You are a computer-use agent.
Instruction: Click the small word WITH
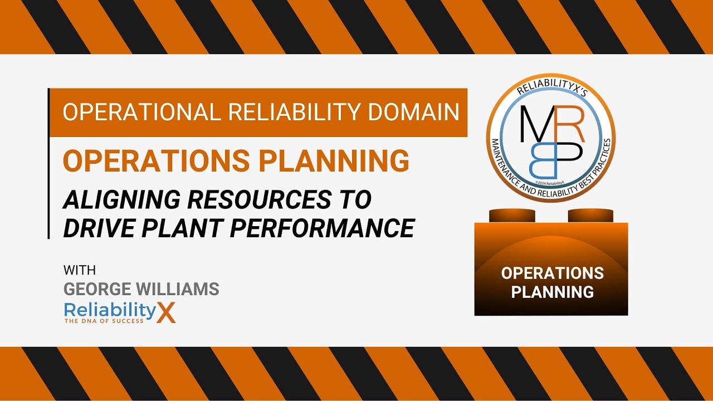click(80, 271)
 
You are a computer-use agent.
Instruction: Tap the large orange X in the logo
click(166, 313)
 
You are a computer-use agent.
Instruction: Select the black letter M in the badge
click(538, 123)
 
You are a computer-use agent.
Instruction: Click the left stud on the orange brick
click(512, 215)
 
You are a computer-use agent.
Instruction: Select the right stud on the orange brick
click(590, 215)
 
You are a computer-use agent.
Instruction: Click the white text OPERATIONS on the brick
click(552, 273)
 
